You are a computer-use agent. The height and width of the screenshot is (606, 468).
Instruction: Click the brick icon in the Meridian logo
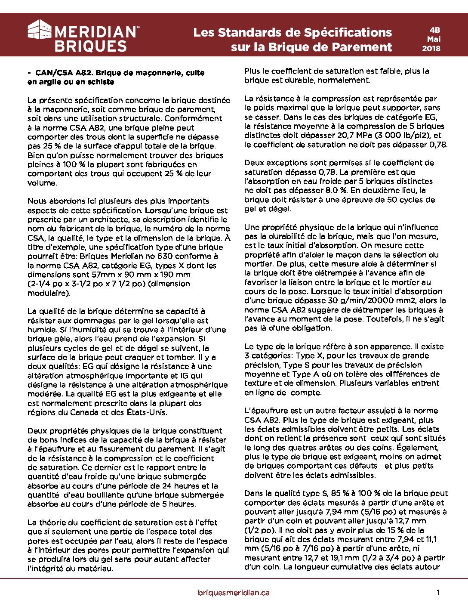(x=40, y=30)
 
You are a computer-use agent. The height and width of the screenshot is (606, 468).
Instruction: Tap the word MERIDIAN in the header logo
(x=95, y=32)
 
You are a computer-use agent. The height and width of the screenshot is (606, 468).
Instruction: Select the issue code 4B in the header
(x=434, y=30)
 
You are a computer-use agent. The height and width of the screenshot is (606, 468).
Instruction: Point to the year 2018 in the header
(x=431, y=48)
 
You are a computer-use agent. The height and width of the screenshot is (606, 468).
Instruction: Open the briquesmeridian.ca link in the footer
(x=234, y=593)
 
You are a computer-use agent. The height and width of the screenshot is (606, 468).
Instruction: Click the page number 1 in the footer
(x=438, y=593)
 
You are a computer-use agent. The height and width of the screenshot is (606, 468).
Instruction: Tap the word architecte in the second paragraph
(x=108, y=220)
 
